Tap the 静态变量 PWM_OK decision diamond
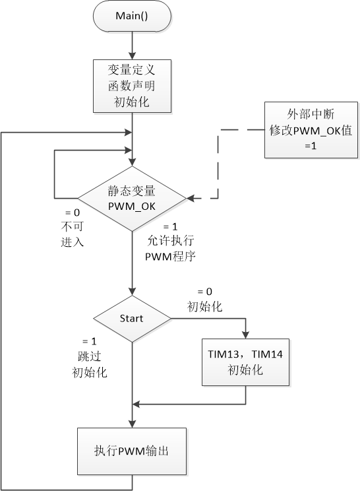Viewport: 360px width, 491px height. (x=133, y=197)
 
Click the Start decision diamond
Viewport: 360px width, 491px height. (x=133, y=319)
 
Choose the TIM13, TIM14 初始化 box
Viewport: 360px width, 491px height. (x=246, y=362)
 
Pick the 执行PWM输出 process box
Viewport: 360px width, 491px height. (x=133, y=451)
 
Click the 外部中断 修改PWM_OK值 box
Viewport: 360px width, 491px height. (x=311, y=130)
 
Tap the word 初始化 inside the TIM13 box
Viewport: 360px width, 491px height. (x=246, y=370)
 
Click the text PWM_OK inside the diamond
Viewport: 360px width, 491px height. (x=133, y=205)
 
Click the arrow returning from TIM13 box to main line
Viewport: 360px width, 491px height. (x=191, y=403)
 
